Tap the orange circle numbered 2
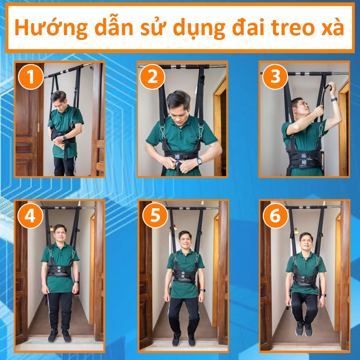click(x=152, y=76)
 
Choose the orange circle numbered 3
click(x=275, y=76)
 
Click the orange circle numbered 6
click(x=276, y=216)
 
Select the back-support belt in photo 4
click(x=60, y=271)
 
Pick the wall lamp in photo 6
click(x=296, y=231)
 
